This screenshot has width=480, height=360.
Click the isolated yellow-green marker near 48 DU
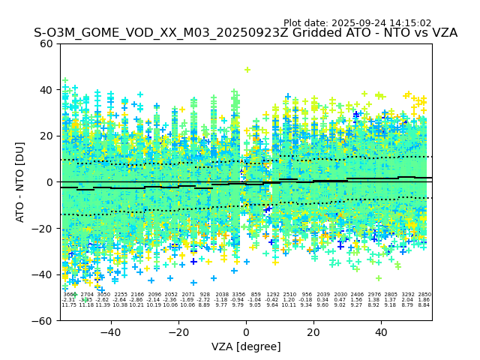coord(247,70)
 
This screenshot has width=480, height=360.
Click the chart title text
coord(245,33)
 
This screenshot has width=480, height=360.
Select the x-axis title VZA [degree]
coord(246,346)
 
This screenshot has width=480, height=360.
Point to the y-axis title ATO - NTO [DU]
coord(21,181)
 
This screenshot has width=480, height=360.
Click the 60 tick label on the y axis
coord(46,43)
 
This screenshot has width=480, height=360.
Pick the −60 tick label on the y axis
coord(43,320)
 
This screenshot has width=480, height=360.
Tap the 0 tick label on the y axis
coord(49,182)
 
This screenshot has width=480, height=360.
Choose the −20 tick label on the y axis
coord(43,228)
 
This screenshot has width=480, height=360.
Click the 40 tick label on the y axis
coord(46,90)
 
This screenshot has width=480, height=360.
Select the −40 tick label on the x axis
coord(110,332)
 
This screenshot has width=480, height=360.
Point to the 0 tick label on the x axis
coord(246,332)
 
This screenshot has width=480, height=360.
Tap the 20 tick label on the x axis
coord(313,332)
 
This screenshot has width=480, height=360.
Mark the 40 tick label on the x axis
coord(381,332)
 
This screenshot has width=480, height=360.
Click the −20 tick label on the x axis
coord(178,332)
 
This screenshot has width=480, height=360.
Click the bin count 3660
coord(69,295)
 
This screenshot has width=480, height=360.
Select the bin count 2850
coord(424,295)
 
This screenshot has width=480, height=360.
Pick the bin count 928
coord(205,295)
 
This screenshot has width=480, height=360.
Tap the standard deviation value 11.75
coord(69,305)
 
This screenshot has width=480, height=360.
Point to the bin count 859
coord(256,295)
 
